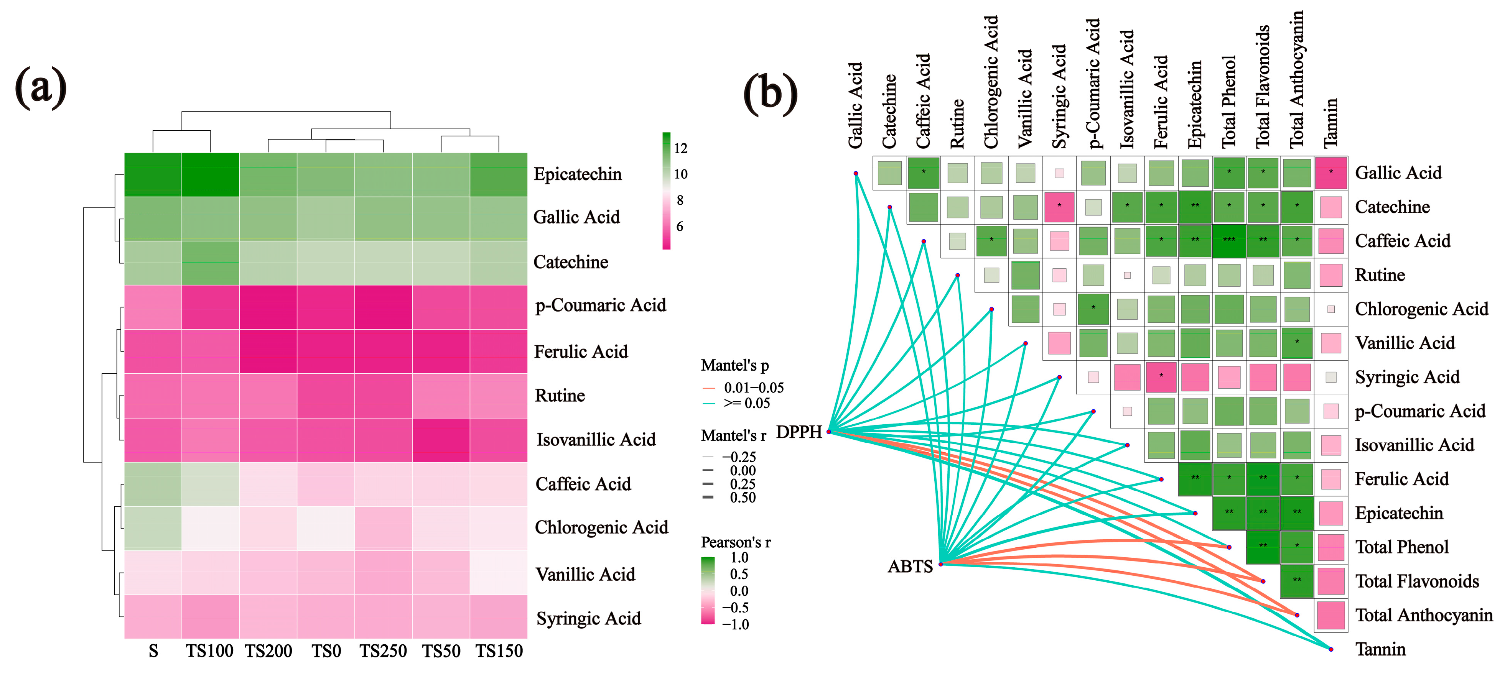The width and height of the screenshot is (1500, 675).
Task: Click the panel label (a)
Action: click(x=41, y=87)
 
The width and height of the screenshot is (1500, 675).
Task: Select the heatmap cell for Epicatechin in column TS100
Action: click(x=210, y=174)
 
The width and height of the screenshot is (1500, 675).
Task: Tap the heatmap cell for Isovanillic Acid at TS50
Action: click(x=441, y=440)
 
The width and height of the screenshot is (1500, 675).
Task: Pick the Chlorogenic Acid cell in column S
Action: click(x=153, y=528)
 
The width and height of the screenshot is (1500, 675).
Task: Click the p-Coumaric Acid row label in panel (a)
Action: click(x=600, y=305)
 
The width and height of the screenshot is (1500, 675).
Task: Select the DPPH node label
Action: click(x=799, y=432)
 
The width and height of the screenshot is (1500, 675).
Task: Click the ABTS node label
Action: click(x=910, y=566)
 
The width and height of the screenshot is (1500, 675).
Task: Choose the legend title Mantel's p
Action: click(x=735, y=365)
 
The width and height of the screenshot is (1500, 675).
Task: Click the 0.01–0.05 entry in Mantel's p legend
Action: click(x=754, y=388)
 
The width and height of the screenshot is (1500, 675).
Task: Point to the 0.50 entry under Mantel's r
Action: click(x=743, y=498)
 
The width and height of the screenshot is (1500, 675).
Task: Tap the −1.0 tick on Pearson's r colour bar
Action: click(x=736, y=624)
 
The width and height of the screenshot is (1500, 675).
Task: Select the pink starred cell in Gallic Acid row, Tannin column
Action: click(x=1330, y=173)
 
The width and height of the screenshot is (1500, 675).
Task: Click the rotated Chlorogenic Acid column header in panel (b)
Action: click(x=991, y=82)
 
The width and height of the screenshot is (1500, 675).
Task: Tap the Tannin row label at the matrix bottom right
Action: click(x=1380, y=649)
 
